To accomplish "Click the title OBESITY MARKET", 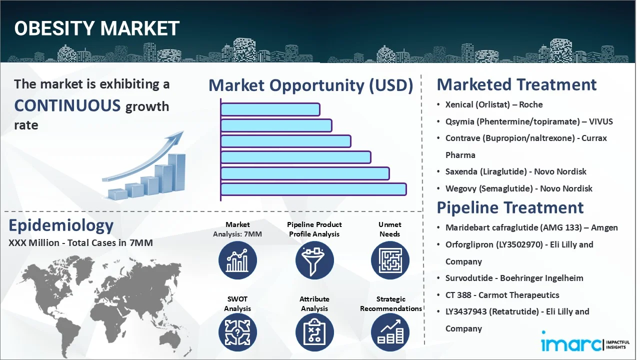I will [96, 28].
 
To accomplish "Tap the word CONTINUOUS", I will [67, 105].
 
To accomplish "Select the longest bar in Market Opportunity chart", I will [313, 189].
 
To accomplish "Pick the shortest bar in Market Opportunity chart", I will [270, 109].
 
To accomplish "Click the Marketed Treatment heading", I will [516, 84].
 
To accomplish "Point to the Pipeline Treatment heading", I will [510, 207].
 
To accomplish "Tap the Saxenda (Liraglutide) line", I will [515, 171].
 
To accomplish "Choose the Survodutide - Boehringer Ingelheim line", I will [514, 278].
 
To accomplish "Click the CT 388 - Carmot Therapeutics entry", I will [502, 295].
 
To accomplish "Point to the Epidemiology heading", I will [61, 225].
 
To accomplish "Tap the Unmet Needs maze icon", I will [390, 260].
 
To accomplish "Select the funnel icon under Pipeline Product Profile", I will [314, 260].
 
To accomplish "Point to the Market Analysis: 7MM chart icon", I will [237, 260].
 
